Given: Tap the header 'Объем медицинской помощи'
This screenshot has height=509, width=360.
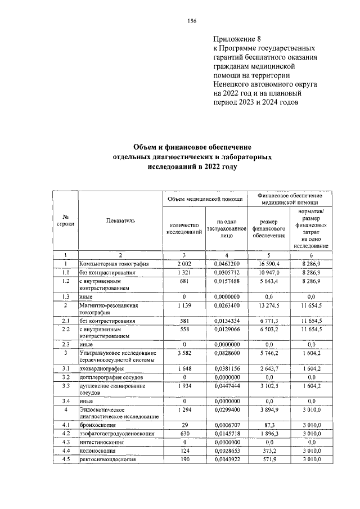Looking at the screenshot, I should (x=204, y=199).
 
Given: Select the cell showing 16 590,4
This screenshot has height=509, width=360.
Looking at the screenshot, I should (x=273, y=263).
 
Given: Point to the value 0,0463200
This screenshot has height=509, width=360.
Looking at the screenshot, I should (x=227, y=263).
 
